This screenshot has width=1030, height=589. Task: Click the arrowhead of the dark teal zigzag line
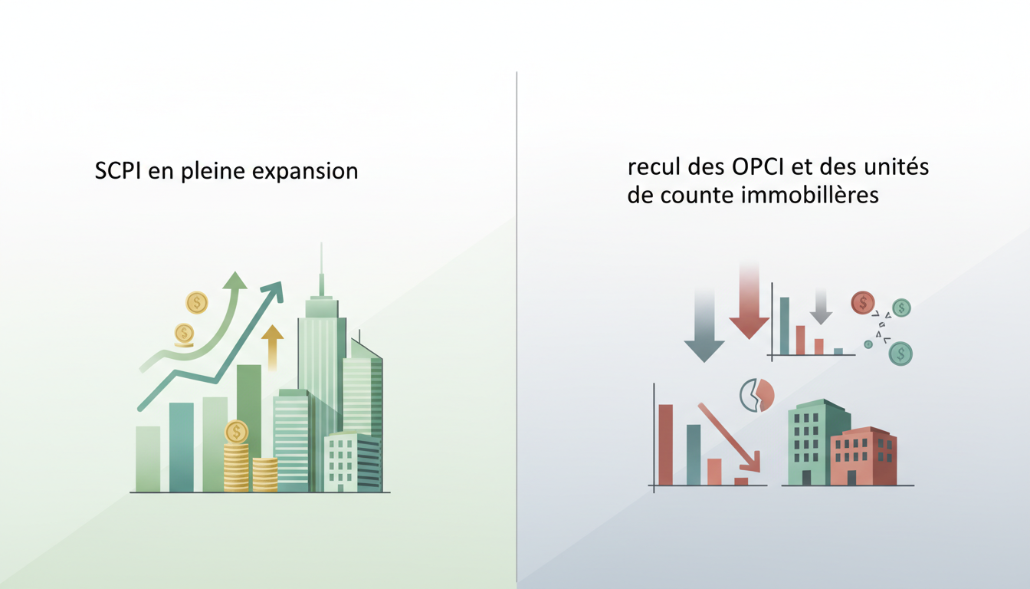(x=273, y=291)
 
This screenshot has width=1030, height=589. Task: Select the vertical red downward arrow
(x=749, y=303)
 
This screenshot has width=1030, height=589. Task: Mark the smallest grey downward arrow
(x=821, y=308)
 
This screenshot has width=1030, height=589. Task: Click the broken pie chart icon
(x=756, y=394)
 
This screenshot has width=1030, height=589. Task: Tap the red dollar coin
(x=863, y=302)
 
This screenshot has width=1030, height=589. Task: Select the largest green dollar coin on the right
(x=900, y=353)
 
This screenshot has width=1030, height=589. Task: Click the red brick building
(x=864, y=457)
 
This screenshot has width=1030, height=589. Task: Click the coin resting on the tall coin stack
(x=237, y=432)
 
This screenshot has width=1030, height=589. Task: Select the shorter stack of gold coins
(x=264, y=475)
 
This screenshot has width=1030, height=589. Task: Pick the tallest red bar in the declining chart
(x=665, y=445)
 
